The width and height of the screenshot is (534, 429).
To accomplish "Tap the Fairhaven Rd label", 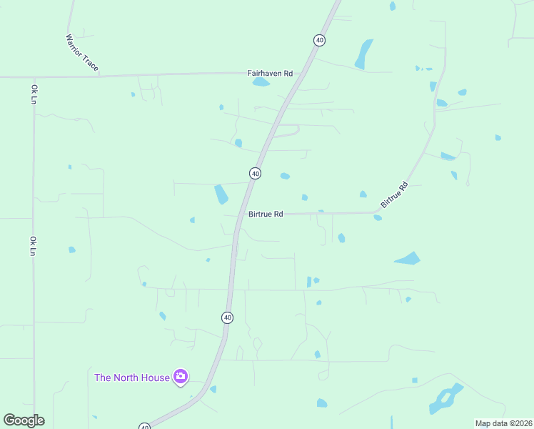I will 270,73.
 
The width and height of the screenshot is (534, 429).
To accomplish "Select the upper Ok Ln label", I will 34,94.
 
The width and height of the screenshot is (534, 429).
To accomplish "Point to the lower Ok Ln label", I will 33,246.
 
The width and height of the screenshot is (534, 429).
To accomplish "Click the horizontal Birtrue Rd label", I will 266,214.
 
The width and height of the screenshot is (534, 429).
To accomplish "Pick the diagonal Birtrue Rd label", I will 394,194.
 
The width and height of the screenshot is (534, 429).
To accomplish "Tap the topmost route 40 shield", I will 319,40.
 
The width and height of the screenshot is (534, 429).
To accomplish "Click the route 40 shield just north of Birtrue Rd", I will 255,173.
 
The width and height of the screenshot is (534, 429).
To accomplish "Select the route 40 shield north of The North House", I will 227,317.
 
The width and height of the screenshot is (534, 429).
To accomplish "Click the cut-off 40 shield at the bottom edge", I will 145,426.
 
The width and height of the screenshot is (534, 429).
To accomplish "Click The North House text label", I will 132,377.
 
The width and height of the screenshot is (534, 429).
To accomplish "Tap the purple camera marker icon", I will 181,377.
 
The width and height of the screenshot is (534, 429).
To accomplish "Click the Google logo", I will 24,420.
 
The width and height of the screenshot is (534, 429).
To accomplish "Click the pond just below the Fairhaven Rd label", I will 261,82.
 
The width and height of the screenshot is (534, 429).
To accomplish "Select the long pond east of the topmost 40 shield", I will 364,54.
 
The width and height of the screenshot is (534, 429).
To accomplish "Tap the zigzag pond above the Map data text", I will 445,399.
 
